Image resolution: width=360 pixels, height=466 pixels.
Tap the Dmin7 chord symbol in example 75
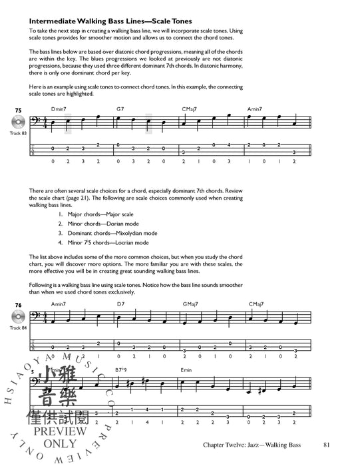point(59,109)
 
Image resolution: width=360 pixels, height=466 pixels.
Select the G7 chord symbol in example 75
point(120,109)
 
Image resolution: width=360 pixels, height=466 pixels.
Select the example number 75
point(18,108)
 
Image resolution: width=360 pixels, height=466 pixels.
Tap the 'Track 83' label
point(19,135)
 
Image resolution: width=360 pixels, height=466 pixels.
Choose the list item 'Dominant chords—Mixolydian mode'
point(112,234)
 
